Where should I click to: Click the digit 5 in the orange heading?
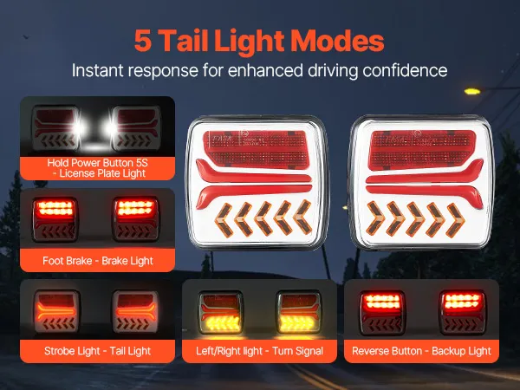click(143, 41)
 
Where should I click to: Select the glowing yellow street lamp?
click(472, 91)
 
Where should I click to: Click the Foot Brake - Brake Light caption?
click(98, 261)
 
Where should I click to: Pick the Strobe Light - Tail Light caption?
click(97, 351)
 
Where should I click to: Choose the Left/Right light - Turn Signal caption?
click(259, 351)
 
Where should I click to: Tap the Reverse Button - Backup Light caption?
click(421, 351)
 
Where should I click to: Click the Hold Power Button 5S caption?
click(97, 163)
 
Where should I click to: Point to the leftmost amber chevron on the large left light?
click(224, 220)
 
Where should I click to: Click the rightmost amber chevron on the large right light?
click(456, 220)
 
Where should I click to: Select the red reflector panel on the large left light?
click(257, 150)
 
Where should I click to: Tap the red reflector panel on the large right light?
click(422, 150)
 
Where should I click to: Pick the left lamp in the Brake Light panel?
click(55, 219)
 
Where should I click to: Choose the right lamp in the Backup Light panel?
click(462, 312)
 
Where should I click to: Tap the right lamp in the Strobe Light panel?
click(135, 311)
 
